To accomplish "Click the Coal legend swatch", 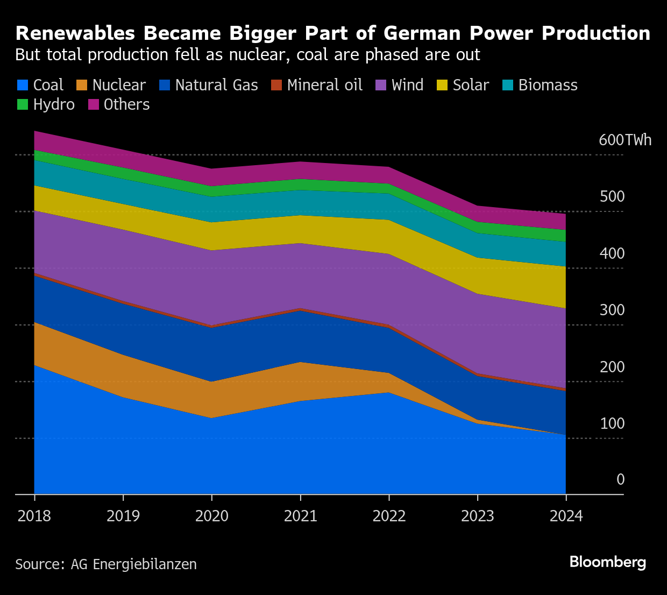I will (x=23, y=86).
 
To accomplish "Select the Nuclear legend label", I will (x=118, y=85).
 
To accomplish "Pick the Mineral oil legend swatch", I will (x=276, y=86).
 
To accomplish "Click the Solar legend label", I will (x=471, y=85).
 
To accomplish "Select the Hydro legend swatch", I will (x=23, y=105).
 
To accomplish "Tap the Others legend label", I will (x=126, y=104).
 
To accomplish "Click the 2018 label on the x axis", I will (x=34, y=516).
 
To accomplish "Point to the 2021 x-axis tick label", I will (x=300, y=516).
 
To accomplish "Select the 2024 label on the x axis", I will (x=566, y=516).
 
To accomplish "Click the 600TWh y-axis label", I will (x=625, y=140).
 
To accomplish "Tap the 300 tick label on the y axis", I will (x=612, y=310).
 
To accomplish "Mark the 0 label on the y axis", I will (x=620, y=479).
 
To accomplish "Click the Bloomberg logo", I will (x=608, y=562).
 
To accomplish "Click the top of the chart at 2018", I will (x=34, y=131).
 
